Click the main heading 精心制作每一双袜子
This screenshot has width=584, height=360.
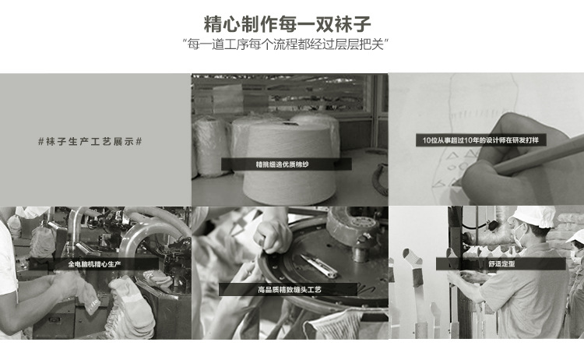(x=287, y=24)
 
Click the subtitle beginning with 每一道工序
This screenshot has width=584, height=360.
(x=285, y=44)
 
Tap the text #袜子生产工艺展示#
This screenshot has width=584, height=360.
(x=90, y=142)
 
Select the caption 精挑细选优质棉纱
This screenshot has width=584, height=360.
(x=283, y=164)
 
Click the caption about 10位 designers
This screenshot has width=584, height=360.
(x=480, y=140)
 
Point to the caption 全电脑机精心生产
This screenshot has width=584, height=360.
(x=94, y=264)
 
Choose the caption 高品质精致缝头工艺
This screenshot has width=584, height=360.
(x=290, y=290)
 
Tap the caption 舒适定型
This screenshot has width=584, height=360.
(x=501, y=264)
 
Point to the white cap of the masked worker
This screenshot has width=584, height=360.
(x=533, y=217)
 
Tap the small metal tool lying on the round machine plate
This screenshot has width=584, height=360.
(x=318, y=265)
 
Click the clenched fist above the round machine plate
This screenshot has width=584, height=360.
(x=273, y=236)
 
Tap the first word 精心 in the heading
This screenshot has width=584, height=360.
(x=222, y=24)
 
